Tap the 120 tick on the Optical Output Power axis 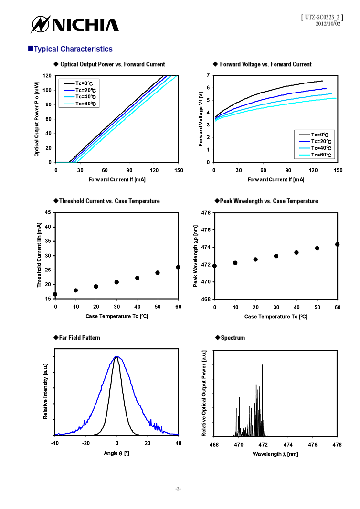coord(47,76)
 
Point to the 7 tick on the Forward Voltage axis coord(208,75)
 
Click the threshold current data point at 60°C coord(178,267)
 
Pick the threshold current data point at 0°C coord(55,294)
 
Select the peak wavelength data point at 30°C coord(276,256)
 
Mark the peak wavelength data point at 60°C coord(337,244)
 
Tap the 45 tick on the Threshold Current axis coord(48,213)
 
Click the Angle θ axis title coord(116,453)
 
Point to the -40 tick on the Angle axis coord(55,444)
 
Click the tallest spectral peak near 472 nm coord(263,365)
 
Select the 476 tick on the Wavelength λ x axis coord(313,444)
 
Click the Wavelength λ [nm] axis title coord(275,454)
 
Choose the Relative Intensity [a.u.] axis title coord(45,398)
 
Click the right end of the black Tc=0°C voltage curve coord(323,81)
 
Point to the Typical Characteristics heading coord(71,49)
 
